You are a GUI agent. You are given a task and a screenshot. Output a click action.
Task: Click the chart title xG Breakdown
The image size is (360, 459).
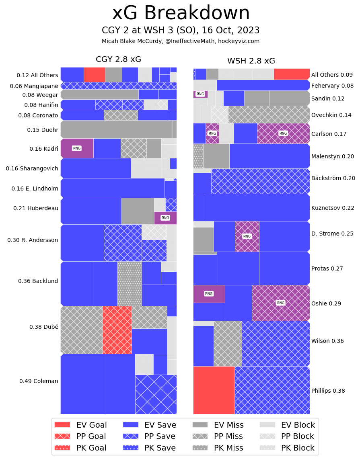click(x=181, y=14)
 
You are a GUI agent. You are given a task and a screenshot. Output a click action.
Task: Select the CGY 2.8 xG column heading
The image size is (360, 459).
click(x=118, y=59)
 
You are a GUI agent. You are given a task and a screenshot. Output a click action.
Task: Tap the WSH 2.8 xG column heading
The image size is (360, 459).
click(x=251, y=61)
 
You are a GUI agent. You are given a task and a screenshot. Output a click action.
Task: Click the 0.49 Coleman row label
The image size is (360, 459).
click(x=39, y=381)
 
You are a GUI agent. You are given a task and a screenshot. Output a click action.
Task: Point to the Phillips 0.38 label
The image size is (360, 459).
click(x=328, y=390)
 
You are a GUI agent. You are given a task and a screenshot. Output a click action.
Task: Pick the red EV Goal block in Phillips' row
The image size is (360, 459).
click(x=214, y=390)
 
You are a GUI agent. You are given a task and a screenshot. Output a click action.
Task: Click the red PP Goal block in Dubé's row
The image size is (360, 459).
click(x=117, y=330)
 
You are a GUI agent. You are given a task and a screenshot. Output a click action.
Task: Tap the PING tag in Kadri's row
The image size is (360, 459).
click(x=76, y=148)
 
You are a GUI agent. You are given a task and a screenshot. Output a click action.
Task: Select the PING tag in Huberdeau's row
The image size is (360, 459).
click(x=165, y=218)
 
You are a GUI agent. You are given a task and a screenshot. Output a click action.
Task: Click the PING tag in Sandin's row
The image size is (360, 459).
click(x=200, y=94)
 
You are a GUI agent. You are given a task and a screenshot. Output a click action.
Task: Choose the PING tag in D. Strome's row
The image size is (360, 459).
click(x=247, y=236)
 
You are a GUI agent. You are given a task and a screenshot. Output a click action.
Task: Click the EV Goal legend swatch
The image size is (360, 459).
click(x=62, y=425)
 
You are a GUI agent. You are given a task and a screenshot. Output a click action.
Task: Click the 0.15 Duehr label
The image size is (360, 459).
click(x=43, y=130)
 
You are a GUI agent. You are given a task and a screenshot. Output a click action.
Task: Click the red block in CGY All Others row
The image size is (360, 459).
click(x=95, y=74)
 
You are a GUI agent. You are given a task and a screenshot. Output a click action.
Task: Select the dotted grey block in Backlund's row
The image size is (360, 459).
click(x=130, y=283)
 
